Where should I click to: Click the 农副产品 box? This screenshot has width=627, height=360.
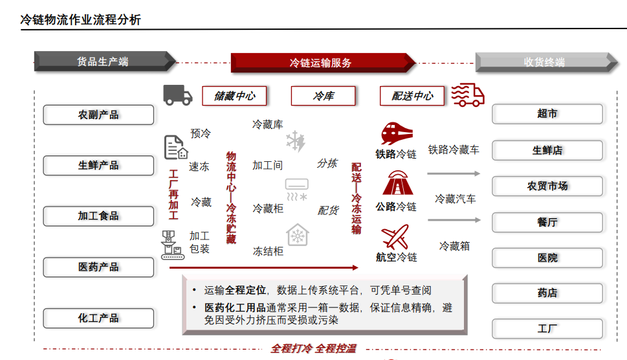pos(98,115)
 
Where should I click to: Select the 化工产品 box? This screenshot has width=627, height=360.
pos(98,318)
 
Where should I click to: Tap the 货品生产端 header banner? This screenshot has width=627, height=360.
pos(104,62)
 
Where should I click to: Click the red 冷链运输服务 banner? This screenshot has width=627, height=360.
pos(322,63)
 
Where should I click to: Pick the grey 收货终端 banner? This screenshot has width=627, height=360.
pos(544,62)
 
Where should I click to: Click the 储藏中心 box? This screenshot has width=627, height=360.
pos(234,96)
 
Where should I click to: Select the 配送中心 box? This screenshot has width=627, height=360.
pos(412,96)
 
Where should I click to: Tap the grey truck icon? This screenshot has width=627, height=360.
pos(177,95)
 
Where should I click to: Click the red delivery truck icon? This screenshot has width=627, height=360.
pos(467,95)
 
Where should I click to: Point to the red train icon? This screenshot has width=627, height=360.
pos(397,134)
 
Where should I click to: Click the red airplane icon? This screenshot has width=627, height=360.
pos(396,236)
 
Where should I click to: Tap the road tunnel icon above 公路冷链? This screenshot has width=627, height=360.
pos(397,184)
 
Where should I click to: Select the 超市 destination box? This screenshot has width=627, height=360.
pos(547,113)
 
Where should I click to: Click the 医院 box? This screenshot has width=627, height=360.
pos(547,257)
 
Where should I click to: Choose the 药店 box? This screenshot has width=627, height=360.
pos(547,293)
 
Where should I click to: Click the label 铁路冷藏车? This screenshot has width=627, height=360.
pos(454,150)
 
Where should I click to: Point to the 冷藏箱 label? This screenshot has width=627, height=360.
pos(454,245)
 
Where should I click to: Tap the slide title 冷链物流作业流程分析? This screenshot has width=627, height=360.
pos(81,19)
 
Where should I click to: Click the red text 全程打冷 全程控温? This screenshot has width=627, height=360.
pos(313,348)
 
